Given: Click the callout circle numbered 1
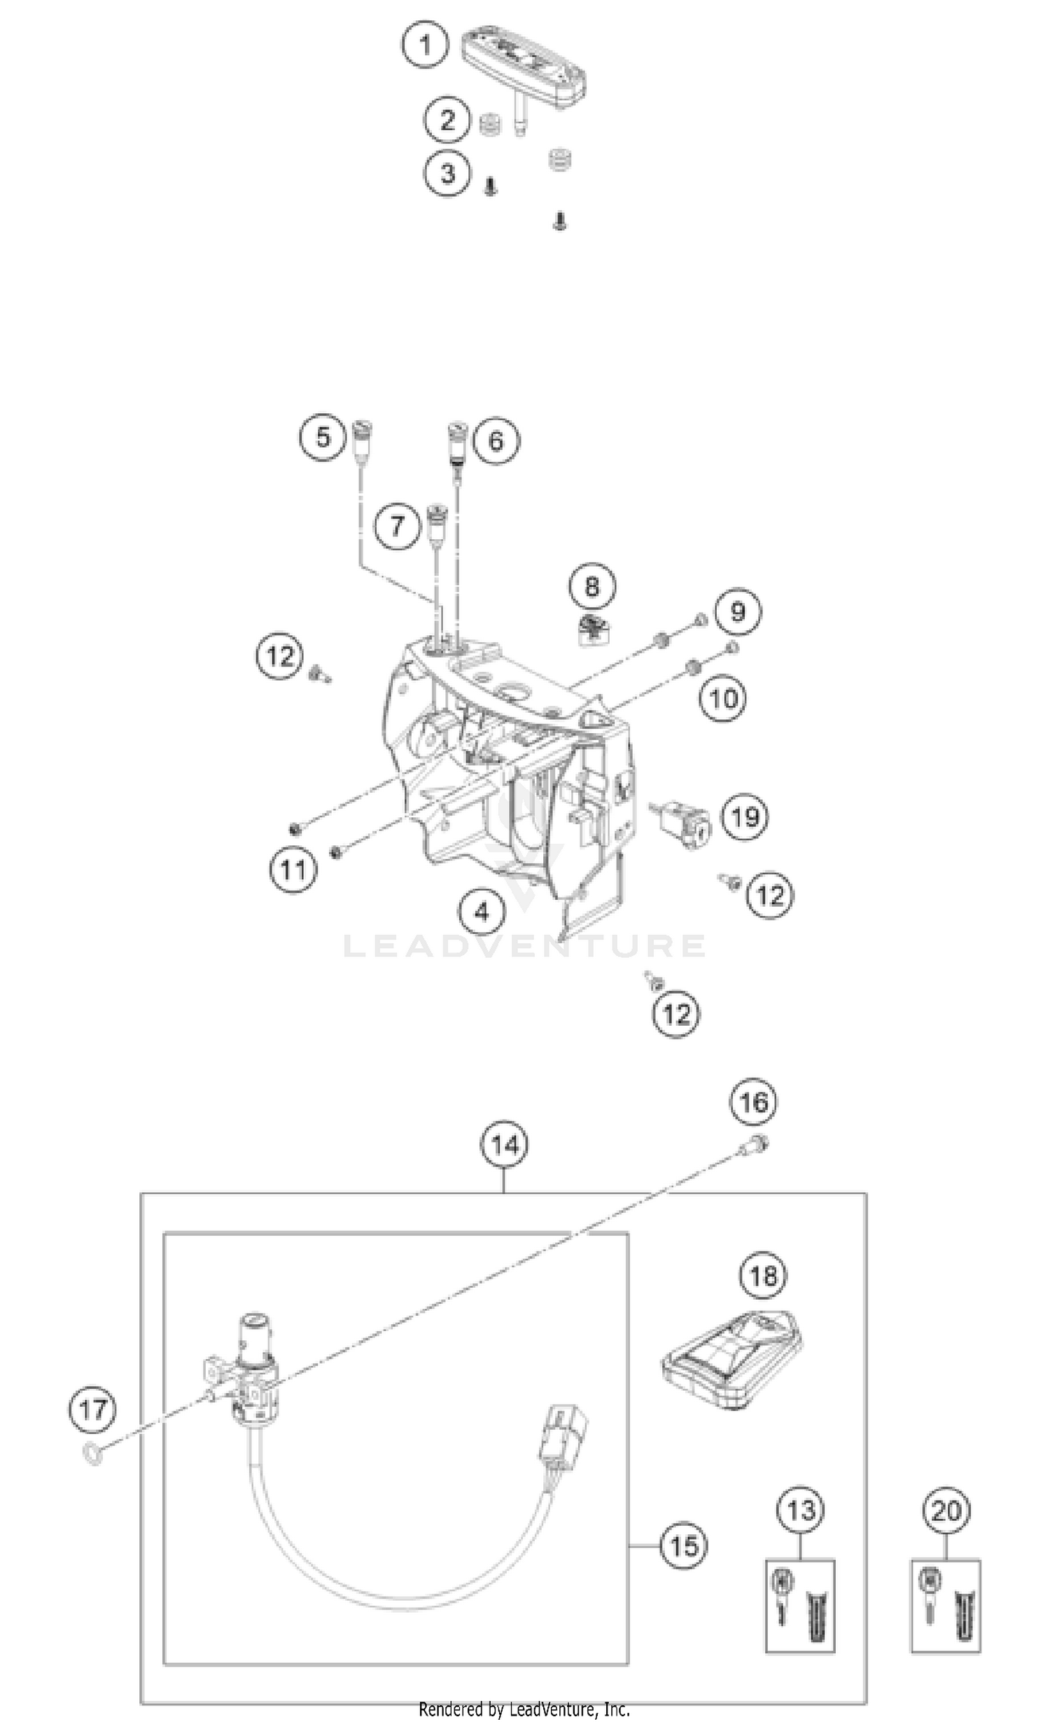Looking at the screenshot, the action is pyautogui.click(x=426, y=46).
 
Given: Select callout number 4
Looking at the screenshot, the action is pyautogui.click(x=482, y=911).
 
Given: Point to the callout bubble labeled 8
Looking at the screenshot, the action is pyautogui.click(x=592, y=585).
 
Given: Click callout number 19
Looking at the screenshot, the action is pyautogui.click(x=744, y=816).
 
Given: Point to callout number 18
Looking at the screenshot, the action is pyautogui.click(x=763, y=1275).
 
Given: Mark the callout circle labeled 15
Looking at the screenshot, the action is pyautogui.click(x=684, y=1545).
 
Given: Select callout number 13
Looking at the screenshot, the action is pyautogui.click(x=801, y=1510).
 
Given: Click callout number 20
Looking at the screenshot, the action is pyautogui.click(x=946, y=1510).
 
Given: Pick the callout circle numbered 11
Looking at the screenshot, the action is pyautogui.click(x=293, y=870).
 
